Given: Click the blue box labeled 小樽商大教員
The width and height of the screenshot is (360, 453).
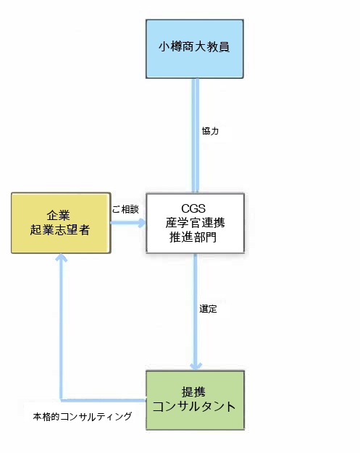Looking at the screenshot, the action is point(195,48).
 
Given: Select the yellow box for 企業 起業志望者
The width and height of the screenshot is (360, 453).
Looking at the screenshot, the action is point(61,223).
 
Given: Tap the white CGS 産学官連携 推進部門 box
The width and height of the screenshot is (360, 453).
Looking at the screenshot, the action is point(195,223).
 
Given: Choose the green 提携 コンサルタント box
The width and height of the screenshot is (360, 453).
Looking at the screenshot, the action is point(195,400).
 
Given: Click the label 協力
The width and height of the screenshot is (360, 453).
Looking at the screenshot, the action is point(210,131).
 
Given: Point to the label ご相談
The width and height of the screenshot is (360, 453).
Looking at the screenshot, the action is point(125,209).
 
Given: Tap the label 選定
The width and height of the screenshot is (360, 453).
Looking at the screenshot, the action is point(208,309).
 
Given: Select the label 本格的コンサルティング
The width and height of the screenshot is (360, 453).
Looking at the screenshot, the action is point(83,416).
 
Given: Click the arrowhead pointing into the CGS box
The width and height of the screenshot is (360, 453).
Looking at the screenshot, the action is point(142,223).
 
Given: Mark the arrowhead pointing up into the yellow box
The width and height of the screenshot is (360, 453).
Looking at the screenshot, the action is point(61,258).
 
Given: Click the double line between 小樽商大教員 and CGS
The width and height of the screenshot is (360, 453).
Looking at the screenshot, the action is point(196,135).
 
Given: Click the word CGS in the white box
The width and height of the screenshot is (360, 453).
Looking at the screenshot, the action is point(193,208).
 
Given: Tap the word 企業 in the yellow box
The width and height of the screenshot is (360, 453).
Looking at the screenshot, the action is point(59,216).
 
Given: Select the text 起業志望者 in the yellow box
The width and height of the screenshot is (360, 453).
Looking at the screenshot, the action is point(60,230).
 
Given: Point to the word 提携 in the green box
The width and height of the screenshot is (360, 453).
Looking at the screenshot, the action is point(193,392).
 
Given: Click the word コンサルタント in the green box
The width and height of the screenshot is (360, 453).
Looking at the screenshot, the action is point(194,407).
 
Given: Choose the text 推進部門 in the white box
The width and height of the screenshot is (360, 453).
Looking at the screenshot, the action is point(193,237).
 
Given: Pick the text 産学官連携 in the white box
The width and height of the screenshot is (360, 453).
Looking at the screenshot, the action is point(195,223).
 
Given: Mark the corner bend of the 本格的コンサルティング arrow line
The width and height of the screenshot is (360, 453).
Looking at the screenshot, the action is point(61,400).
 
